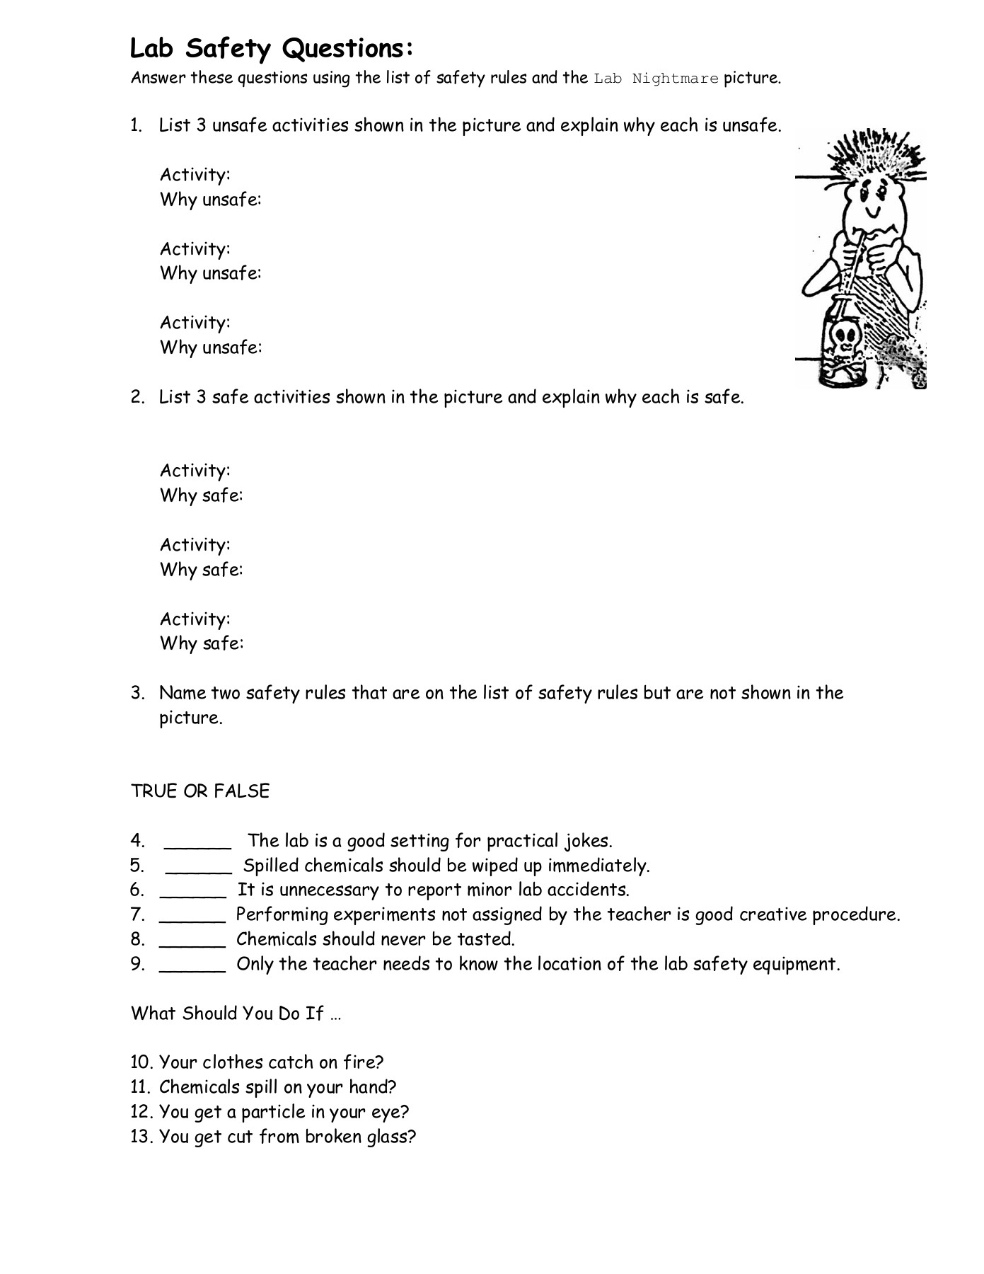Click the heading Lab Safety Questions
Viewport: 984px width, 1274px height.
[271, 49]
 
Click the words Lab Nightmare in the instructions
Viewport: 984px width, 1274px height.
[656, 79]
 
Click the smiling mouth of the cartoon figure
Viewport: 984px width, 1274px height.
[874, 211]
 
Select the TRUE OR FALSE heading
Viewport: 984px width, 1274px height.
[200, 791]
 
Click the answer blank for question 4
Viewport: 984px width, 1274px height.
[197, 842]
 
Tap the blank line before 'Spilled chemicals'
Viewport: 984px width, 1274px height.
[198, 867]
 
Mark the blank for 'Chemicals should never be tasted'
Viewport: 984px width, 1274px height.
[192, 941]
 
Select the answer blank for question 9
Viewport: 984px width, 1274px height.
[192, 965]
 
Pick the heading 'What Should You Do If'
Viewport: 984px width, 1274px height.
[236, 1014]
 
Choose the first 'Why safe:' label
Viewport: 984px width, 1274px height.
[202, 495]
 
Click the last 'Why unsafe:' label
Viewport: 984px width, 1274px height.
[211, 348]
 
